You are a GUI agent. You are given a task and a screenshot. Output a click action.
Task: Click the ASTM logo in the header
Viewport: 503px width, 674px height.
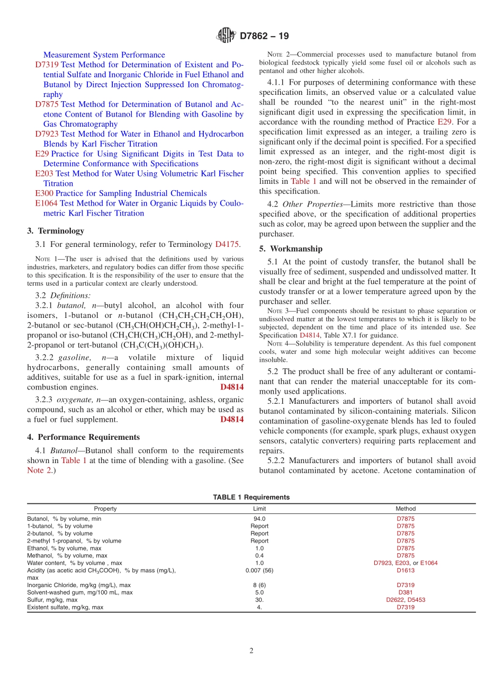pyautogui.click(x=226, y=36)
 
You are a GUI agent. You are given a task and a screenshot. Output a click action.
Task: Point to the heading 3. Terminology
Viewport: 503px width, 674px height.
pyautogui.click(x=56, y=231)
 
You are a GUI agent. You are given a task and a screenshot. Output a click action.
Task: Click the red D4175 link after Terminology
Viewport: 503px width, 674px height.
pyautogui.click(x=228, y=244)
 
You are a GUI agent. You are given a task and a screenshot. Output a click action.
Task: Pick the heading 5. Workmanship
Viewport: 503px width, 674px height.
pyautogui.click(x=291, y=249)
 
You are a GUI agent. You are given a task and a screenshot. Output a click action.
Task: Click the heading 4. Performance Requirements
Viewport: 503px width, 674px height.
pyautogui.click(x=83, y=437)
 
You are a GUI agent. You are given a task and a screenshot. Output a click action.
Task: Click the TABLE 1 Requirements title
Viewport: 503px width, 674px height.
pyautogui.click(x=251, y=497)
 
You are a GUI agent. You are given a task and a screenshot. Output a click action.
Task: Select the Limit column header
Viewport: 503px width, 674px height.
pyautogui.click(x=259, y=509)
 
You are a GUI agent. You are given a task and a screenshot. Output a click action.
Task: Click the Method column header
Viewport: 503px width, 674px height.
pyautogui.click(x=406, y=509)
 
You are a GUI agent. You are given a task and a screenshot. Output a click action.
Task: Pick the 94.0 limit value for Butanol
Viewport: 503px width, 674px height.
pyautogui.click(x=259, y=519)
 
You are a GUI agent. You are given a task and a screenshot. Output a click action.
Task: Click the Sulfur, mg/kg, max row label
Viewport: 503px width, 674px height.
pyautogui.click(x=53, y=600)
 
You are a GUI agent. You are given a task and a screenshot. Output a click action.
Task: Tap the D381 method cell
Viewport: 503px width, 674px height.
pyautogui.click(x=406, y=592)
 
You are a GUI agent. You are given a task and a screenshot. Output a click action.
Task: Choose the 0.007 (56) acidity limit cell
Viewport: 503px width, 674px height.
pyautogui.click(x=259, y=570)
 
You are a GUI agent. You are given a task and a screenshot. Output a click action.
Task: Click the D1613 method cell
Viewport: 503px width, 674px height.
pyautogui.click(x=406, y=570)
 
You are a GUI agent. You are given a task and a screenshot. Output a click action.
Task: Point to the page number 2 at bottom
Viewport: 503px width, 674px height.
pyautogui.click(x=251, y=651)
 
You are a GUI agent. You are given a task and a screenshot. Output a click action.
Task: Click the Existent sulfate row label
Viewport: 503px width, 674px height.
pyautogui.click(x=65, y=607)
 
